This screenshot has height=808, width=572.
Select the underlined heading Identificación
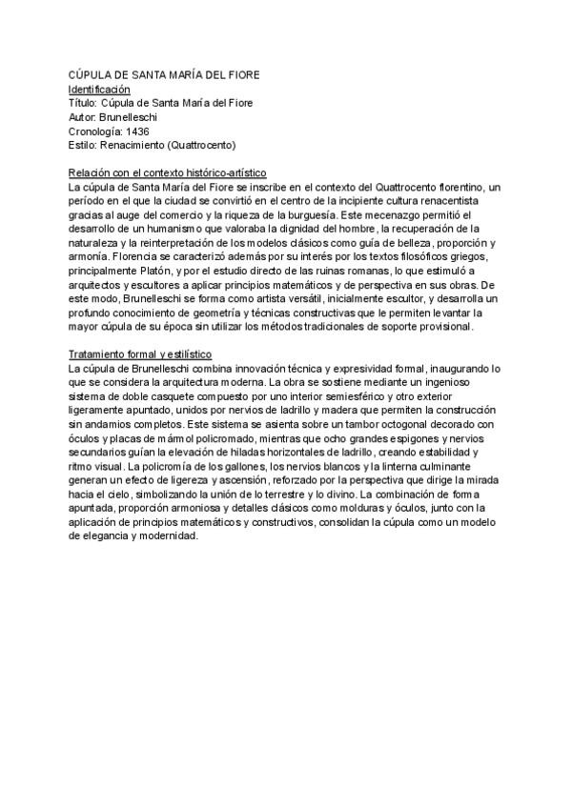coord(99,88)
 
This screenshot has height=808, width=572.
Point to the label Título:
coord(83,102)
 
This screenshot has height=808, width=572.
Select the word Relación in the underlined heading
coord(89,172)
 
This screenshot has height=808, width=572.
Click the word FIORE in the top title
coord(238,74)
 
